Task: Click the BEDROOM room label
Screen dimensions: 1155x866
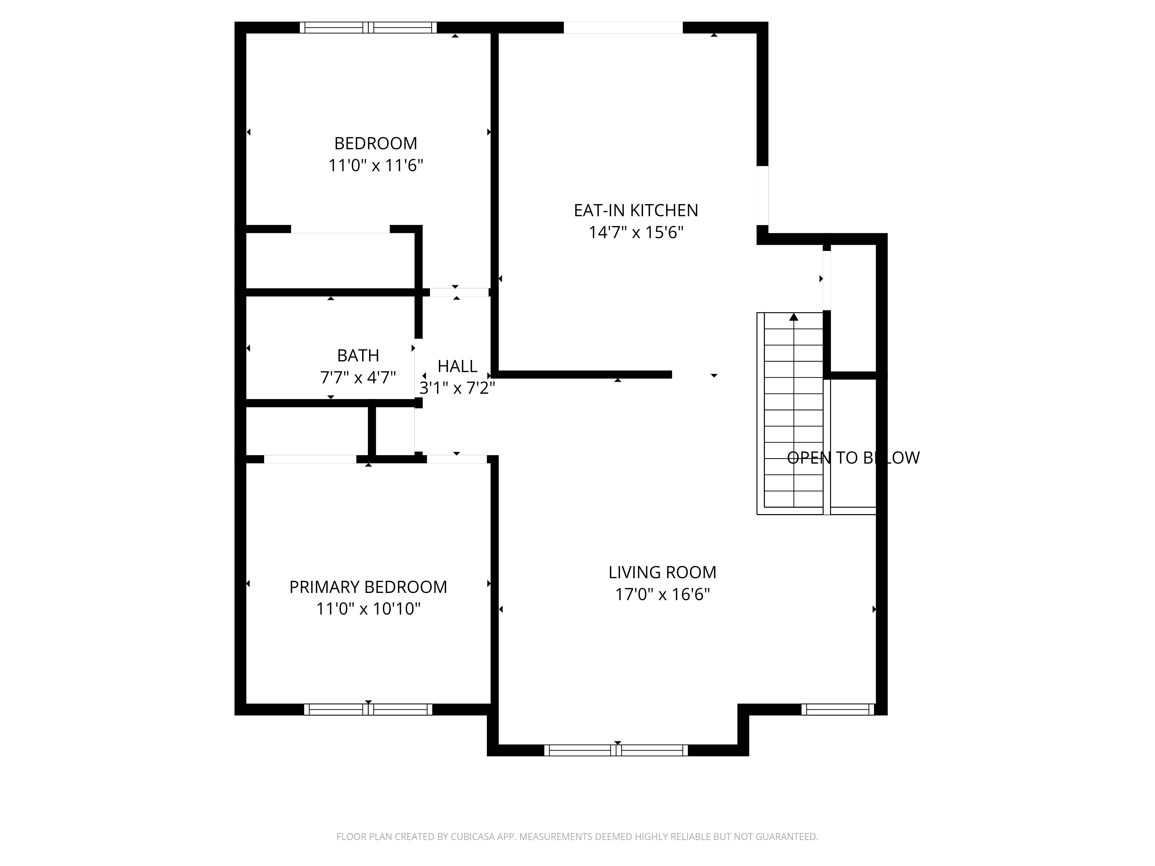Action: click(x=375, y=143)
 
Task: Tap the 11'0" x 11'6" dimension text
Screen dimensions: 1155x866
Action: click(x=375, y=165)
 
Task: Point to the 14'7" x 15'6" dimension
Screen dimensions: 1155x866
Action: click(x=636, y=232)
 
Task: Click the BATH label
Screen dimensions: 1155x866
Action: click(x=358, y=355)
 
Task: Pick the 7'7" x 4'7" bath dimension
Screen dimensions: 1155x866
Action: click(x=358, y=377)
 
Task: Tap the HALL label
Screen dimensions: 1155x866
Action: click(x=457, y=366)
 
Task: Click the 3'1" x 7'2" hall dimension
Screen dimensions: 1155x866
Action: click(x=457, y=388)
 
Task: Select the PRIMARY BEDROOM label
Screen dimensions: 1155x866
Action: click(x=368, y=587)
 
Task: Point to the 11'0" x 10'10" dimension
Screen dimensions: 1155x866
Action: click(x=368, y=609)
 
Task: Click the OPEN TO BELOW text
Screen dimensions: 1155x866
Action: click(x=853, y=458)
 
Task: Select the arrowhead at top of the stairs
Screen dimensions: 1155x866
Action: click(x=794, y=316)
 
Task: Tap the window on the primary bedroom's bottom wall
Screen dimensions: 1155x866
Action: click(x=368, y=710)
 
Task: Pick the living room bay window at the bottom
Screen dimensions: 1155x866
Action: click(x=616, y=750)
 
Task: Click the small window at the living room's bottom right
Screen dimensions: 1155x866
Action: click(x=838, y=710)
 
